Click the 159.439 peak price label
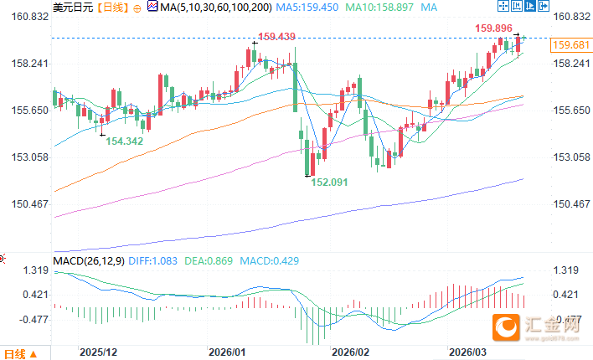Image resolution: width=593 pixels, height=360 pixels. pyautogui.click(x=276, y=37)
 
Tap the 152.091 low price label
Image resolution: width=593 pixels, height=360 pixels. pyautogui.click(x=328, y=181)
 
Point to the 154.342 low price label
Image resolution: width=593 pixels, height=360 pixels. pyautogui.click(x=123, y=141)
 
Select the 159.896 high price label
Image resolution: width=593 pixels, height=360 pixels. pyautogui.click(x=494, y=28)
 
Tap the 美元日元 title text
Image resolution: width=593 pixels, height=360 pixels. pyautogui.click(x=71, y=7)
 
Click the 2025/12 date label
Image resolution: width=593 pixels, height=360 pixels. pyautogui.click(x=97, y=352)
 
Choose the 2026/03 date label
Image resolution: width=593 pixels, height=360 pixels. pyautogui.click(x=466, y=352)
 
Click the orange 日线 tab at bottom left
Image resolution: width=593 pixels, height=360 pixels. pyautogui.click(x=16, y=352)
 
